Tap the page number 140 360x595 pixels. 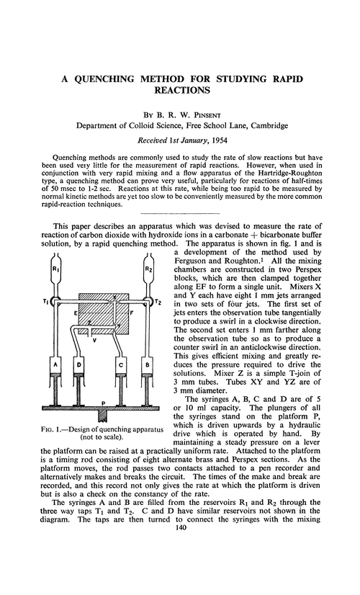(180, 568)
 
